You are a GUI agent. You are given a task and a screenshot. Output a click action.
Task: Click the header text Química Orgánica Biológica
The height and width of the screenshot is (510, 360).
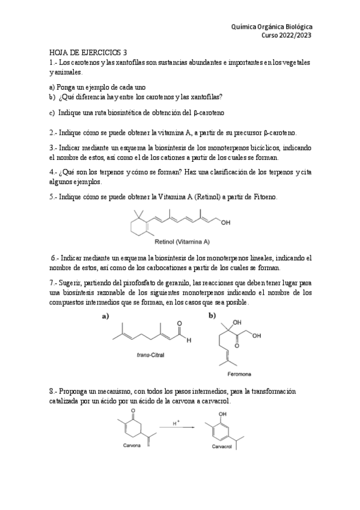272,26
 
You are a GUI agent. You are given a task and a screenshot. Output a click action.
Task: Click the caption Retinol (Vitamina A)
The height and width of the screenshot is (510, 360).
182,242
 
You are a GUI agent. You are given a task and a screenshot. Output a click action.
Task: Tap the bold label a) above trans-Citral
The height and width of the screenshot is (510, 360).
105,315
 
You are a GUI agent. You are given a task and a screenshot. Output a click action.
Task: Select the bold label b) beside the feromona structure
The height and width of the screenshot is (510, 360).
212,315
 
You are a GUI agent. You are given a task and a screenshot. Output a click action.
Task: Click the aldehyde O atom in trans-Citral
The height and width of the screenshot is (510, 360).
179,323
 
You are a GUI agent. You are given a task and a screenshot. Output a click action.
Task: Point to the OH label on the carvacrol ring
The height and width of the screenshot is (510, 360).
223,414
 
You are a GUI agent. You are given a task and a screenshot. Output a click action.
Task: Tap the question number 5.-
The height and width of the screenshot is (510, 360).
54,197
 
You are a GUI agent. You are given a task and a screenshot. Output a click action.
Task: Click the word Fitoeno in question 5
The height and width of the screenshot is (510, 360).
277,197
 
